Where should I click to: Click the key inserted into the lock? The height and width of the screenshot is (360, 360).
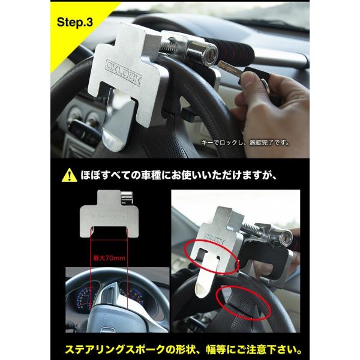pyautogui.click(x=231, y=65)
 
